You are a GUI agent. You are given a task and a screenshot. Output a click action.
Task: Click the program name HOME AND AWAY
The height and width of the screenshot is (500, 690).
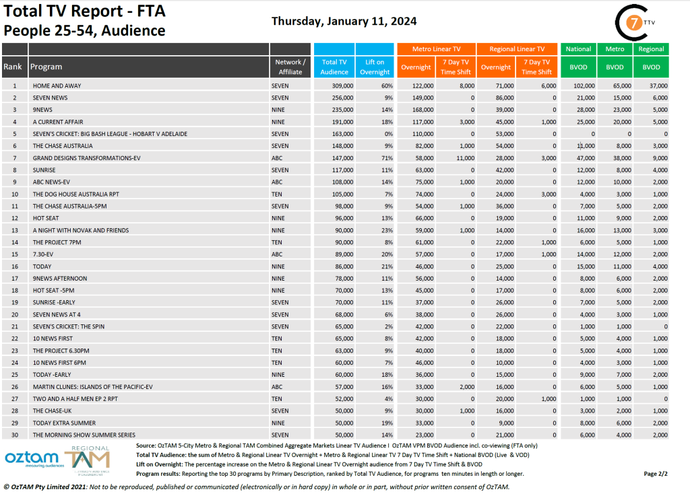pyautogui.click(x=59, y=86)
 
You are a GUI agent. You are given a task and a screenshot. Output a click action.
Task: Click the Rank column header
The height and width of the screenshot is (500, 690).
pyautogui.click(x=13, y=67)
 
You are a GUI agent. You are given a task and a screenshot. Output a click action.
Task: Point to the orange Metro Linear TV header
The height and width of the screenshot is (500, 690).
pyautogui.click(x=436, y=49)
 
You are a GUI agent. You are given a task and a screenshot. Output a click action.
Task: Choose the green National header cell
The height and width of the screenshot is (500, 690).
pyautogui.click(x=578, y=49)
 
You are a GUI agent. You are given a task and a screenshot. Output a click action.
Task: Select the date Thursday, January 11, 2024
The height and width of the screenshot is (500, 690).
pyautogui.click(x=344, y=22)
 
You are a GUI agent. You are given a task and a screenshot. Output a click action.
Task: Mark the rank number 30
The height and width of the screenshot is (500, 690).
pyautogui.click(x=14, y=434)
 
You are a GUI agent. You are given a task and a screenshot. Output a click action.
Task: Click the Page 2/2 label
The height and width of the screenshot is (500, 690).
pyautogui.click(x=657, y=474)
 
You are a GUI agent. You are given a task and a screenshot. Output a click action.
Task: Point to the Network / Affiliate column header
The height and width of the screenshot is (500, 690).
pyautogui.click(x=290, y=67)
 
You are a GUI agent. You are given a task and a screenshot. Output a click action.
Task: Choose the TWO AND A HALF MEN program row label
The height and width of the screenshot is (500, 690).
pyautogui.click(x=75, y=398)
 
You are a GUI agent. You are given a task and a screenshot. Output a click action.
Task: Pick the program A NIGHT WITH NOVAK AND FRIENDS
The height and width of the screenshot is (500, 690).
pyautogui.click(x=81, y=230)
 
